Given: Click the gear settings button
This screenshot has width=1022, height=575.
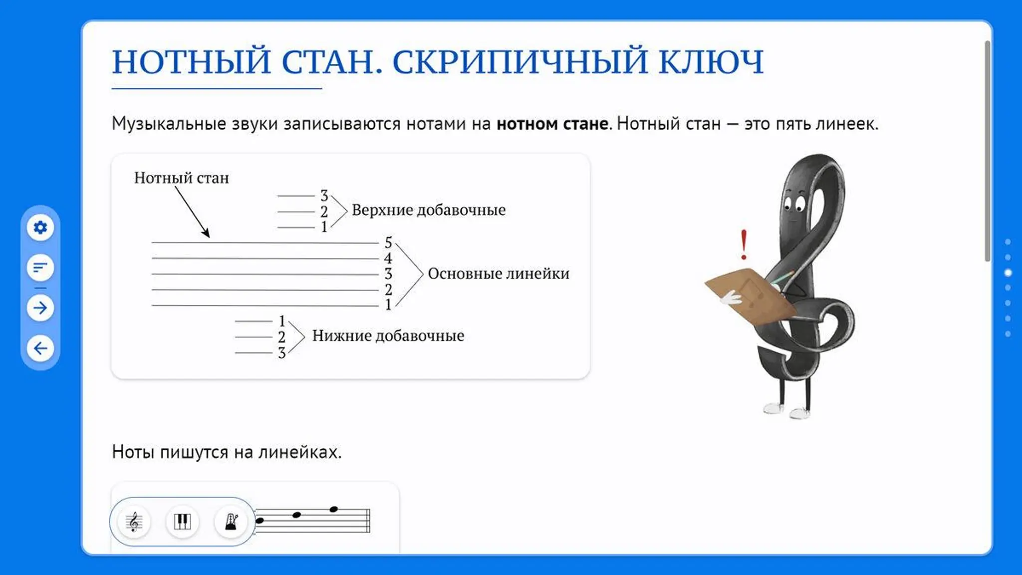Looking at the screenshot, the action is (x=40, y=228).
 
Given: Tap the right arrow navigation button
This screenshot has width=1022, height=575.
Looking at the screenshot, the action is (x=40, y=307).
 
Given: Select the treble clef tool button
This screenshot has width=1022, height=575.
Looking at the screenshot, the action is (x=134, y=522).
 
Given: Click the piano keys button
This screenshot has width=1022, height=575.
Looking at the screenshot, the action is (x=182, y=522).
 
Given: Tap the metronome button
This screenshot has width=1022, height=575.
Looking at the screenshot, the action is (x=231, y=522).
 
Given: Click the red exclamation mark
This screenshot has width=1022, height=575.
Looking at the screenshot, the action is (x=744, y=245).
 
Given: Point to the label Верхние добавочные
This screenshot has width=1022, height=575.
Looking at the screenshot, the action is (x=429, y=210).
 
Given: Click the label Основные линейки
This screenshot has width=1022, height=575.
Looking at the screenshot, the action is (x=499, y=274).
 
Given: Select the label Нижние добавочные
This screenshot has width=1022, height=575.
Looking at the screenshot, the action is (x=388, y=335).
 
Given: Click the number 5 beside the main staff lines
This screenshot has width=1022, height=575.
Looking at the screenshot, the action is (x=388, y=243).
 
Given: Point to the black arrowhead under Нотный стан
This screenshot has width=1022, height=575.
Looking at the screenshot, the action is (x=206, y=233).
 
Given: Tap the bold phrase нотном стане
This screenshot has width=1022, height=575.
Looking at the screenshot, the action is (x=552, y=123).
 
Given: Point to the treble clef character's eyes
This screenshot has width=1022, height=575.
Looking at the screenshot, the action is (x=794, y=204).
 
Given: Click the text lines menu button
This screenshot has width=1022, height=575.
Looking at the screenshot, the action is (x=40, y=268).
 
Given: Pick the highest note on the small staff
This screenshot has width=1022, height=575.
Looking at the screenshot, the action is (x=334, y=509).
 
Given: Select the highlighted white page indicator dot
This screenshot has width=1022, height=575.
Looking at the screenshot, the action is (x=1008, y=273).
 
